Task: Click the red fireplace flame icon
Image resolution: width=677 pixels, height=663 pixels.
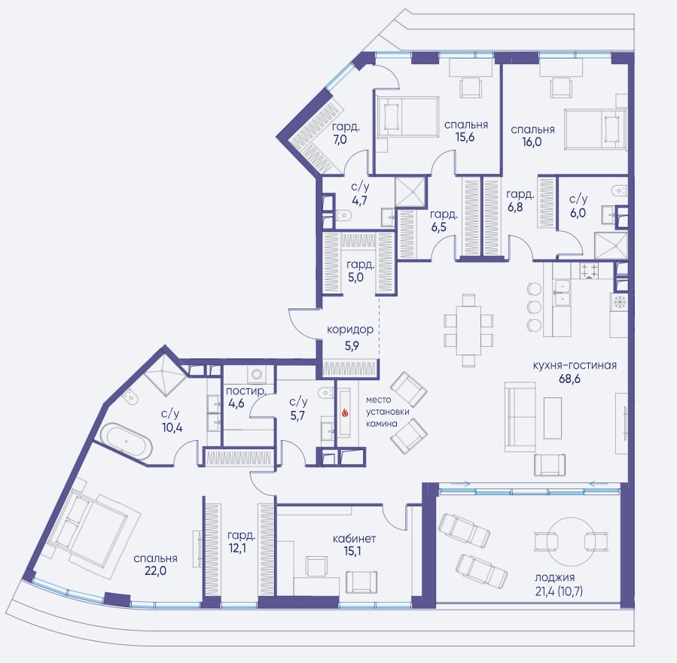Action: coord(345,413)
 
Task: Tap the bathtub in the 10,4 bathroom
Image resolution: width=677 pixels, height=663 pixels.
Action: coord(127,441)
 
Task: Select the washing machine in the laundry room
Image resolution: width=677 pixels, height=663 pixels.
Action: coord(258,373)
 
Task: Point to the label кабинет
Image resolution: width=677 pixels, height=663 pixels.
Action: coord(354,538)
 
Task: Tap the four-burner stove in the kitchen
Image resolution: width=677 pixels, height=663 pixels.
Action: coord(590,271)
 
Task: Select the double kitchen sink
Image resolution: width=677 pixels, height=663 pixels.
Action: coord(561,292)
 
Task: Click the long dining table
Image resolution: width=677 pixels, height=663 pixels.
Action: coord(468,330)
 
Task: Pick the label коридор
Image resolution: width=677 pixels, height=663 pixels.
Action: coord(350,330)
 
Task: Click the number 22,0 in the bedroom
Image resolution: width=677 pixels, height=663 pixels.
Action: coord(156,571)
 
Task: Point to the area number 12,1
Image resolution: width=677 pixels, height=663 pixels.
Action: coord(237,549)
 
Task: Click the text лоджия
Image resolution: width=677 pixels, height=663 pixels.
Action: coord(554,578)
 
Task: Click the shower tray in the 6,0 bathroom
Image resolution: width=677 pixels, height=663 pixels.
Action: coord(611,246)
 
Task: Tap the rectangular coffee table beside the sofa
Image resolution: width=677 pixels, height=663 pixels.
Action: coord(552,418)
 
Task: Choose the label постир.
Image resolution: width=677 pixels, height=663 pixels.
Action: coord(245,391)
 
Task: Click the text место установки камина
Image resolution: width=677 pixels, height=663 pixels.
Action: coord(387,412)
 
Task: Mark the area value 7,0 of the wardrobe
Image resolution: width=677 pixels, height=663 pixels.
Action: coord(340,140)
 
